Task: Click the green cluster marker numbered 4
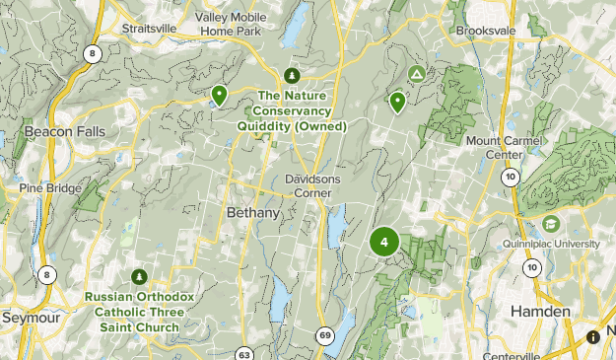coord(383,241)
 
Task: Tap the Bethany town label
coord(253,213)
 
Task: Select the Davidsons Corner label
coord(312,187)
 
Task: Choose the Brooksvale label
coord(487,31)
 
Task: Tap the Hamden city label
coord(539,311)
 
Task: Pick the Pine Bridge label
coord(48,187)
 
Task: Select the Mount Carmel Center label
coord(509,148)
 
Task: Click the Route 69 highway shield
coord(325,336)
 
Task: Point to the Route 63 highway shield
coord(244,354)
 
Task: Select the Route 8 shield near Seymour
coord(46,274)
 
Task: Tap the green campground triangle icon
coord(417,74)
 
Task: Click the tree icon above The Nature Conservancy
coord(291,76)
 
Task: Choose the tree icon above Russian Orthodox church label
coord(139,276)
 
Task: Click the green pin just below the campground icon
coord(398,101)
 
